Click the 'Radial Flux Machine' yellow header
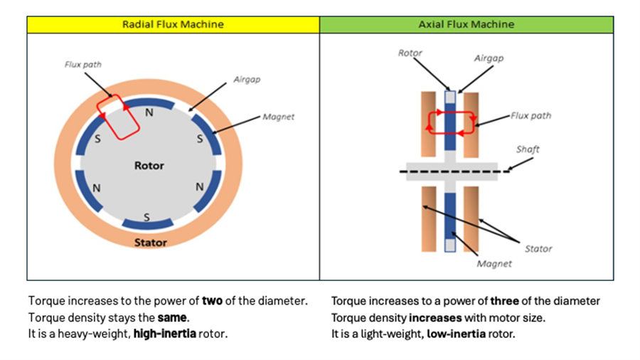click(x=173, y=24)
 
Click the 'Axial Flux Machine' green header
click(x=466, y=24)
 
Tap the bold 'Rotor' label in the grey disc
click(x=149, y=166)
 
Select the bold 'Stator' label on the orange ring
click(x=151, y=243)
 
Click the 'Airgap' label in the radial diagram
click(x=247, y=80)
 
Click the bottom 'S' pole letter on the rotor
click(x=146, y=217)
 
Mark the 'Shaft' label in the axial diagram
click(x=528, y=149)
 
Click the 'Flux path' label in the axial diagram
click(x=530, y=116)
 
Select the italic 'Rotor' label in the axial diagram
click(x=410, y=53)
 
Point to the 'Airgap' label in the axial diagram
click(x=489, y=58)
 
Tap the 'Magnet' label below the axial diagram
click(x=494, y=264)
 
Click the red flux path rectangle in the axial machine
click(x=450, y=122)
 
